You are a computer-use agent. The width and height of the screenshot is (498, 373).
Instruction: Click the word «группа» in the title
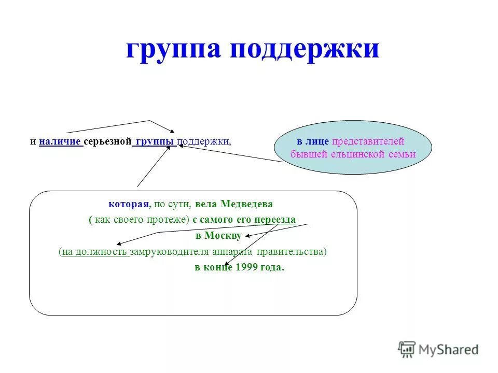pyautogui.click(x=174, y=50)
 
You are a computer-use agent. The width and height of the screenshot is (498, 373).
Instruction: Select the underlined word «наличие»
pyautogui.click(x=60, y=141)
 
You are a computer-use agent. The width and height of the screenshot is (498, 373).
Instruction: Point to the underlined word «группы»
pyautogui.click(x=155, y=141)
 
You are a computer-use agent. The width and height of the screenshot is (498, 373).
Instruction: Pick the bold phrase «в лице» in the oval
pyautogui.click(x=313, y=141)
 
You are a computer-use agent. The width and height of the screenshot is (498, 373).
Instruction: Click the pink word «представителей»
pyautogui.click(x=368, y=141)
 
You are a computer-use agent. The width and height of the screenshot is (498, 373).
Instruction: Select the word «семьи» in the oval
pyautogui.click(x=403, y=154)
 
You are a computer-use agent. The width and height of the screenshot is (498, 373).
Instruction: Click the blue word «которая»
pyautogui.click(x=126, y=204)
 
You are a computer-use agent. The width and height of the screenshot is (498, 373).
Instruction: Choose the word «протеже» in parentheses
pyautogui.click(x=168, y=220)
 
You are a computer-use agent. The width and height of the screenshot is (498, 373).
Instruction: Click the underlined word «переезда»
pyautogui.click(x=275, y=220)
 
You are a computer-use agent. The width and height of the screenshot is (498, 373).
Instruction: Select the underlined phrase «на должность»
pyautogui.click(x=95, y=252)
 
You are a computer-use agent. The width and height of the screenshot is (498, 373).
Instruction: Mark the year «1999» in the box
pyautogui.click(x=246, y=268)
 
